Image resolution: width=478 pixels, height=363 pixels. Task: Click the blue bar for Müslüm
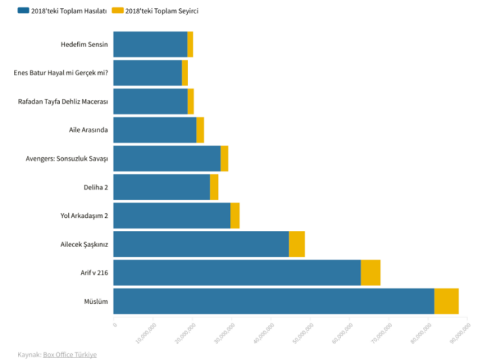[x=273, y=301]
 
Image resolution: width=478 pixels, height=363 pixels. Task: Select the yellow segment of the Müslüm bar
[x=446, y=301]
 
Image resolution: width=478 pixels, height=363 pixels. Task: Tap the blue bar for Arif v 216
[x=236, y=273]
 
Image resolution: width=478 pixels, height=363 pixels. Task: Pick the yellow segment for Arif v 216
[x=370, y=273]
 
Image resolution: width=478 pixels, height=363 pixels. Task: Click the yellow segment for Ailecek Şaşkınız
[x=296, y=244]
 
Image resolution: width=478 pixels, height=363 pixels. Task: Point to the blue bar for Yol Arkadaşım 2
[x=171, y=215]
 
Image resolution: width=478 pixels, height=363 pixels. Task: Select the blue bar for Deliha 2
[x=161, y=187]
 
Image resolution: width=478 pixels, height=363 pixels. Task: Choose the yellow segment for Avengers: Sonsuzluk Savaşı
[x=224, y=158]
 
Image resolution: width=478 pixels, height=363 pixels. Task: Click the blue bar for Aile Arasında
[x=155, y=130]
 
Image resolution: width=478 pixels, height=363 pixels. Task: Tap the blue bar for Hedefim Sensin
[x=150, y=44]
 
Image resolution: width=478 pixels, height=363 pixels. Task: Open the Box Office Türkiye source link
[x=70, y=354]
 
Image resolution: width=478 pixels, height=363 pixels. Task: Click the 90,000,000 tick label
[x=461, y=332]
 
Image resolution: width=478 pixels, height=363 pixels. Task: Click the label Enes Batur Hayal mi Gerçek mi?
[x=61, y=73]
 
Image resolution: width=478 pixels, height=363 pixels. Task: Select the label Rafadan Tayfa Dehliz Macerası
[x=63, y=101]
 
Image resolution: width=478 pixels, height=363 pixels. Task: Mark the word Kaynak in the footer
[x=28, y=354]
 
